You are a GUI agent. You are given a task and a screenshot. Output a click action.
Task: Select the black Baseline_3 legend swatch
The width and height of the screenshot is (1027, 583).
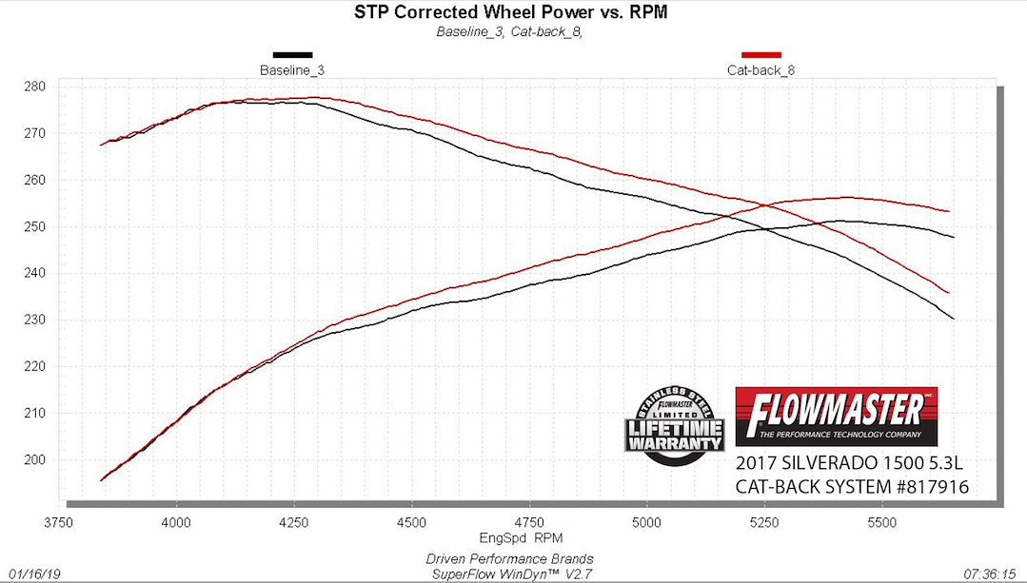292,55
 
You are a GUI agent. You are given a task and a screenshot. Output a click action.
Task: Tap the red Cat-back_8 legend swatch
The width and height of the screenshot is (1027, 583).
760,55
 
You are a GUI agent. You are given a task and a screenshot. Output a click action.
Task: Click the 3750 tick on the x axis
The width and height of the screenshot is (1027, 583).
58,522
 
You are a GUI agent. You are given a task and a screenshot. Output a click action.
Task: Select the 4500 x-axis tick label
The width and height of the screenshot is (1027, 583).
411,522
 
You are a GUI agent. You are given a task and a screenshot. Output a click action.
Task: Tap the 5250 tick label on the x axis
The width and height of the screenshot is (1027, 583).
764,522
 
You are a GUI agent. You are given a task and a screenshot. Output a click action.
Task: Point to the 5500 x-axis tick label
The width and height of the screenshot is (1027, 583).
881,522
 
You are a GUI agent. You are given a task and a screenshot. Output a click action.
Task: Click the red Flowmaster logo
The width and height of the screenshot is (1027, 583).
837,416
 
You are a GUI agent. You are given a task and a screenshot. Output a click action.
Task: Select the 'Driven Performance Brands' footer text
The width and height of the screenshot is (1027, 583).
509,558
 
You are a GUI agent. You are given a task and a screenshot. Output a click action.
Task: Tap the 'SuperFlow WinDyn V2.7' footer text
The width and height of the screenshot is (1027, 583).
509,573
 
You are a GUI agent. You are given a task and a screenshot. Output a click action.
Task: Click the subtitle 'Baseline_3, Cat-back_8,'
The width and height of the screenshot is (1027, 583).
508,31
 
